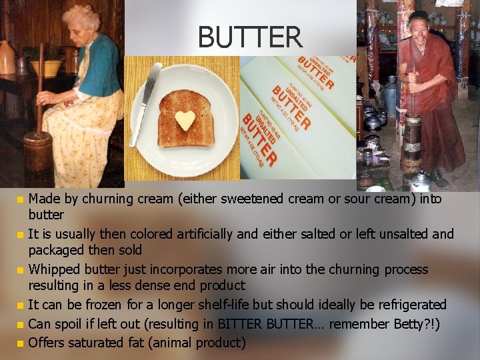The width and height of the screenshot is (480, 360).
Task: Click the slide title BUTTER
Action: pyautogui.click(x=249, y=37)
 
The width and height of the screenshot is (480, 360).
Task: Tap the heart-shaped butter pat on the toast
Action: pyautogui.click(x=185, y=120)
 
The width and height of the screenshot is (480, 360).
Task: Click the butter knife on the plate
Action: pyautogui.click(x=145, y=103)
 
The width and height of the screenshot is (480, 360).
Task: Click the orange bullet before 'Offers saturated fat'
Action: pyautogui.click(x=20, y=344)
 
